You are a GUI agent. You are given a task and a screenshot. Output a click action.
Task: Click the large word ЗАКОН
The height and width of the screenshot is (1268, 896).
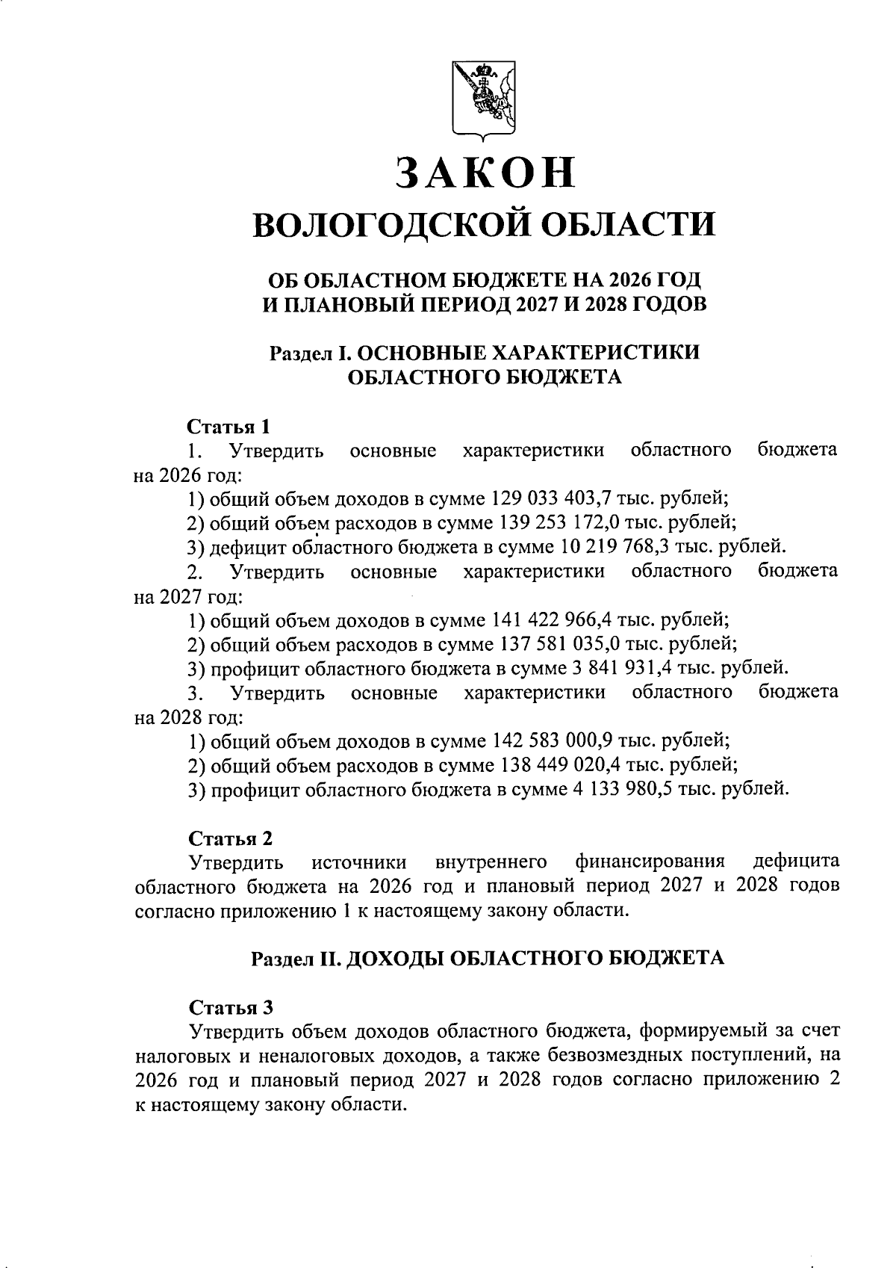pyautogui.click(x=485, y=173)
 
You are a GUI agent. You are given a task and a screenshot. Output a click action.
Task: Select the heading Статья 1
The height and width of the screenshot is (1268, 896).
pyautogui.click(x=228, y=427)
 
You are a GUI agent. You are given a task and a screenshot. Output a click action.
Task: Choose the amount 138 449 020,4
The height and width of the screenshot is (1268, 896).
pyautogui.click(x=554, y=765)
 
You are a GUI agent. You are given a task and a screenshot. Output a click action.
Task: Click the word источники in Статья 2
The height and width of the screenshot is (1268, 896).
pyautogui.click(x=358, y=862)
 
